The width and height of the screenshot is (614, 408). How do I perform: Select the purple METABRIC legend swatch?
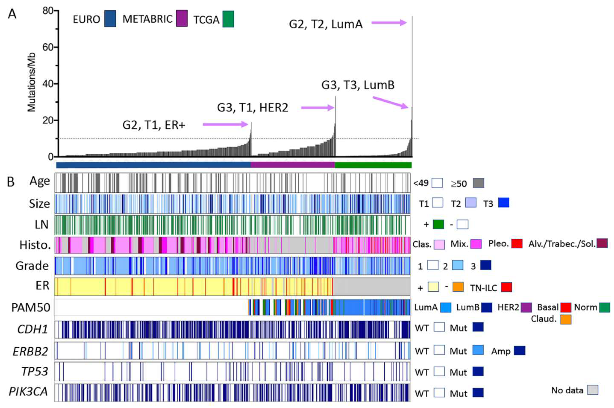pyautogui.click(x=182, y=18)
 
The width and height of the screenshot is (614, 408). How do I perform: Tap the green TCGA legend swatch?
pyautogui.click(x=228, y=19)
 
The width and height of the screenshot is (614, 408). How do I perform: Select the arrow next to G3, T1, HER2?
pyautogui.click(x=317, y=108)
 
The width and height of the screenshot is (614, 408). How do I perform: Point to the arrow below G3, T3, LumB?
pyautogui.click(x=390, y=102)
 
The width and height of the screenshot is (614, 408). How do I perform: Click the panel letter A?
pyautogui.click(x=12, y=14)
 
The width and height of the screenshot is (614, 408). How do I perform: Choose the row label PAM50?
pyautogui.click(x=31, y=307)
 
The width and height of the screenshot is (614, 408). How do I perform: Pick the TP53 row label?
pyautogui.click(x=35, y=371)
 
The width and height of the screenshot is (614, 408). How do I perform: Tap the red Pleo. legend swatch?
pyautogui.click(x=517, y=243)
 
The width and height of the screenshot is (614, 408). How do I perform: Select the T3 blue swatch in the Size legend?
pyautogui.click(x=503, y=203)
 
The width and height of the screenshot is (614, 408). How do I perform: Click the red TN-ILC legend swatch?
pyautogui.click(x=506, y=287)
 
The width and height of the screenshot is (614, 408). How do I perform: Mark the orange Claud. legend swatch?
pyautogui.click(x=566, y=319)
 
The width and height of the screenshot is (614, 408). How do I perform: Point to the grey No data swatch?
pyautogui.click(x=593, y=390)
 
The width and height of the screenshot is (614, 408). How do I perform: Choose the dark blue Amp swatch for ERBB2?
pyautogui.click(x=519, y=350)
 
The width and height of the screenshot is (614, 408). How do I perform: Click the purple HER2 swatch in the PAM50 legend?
pyautogui.click(x=526, y=307)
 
